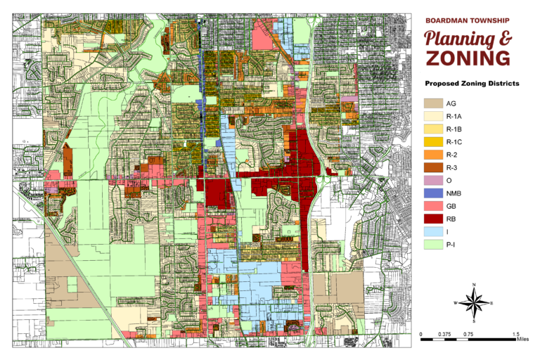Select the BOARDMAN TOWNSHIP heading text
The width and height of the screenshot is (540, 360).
pyautogui.click(x=467, y=20)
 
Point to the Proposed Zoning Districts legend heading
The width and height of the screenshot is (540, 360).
pyautogui.click(x=471, y=84)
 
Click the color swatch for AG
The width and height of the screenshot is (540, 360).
pyautogui.click(x=432, y=104)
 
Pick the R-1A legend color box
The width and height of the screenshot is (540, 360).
pyautogui.click(x=432, y=117)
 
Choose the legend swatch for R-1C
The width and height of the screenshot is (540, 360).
pyautogui.click(x=432, y=142)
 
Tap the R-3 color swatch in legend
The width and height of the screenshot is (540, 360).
pyautogui.click(x=432, y=167)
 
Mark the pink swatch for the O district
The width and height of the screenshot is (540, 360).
pyautogui.click(x=432, y=181)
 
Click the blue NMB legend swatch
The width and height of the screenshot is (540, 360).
pyautogui.click(x=432, y=193)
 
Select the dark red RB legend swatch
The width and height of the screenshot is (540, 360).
pyautogui.click(x=432, y=219)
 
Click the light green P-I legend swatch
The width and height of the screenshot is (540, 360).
pyautogui.click(x=432, y=245)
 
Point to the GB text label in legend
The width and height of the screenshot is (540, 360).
pyautogui.click(x=452, y=207)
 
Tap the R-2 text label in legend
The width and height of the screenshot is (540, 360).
pyautogui.click(x=453, y=155)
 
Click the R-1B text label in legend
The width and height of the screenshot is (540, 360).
pyautogui.click(x=454, y=130)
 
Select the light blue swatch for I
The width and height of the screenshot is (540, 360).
pyautogui.click(x=432, y=232)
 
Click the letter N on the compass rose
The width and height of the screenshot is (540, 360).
pyautogui.click(x=475, y=284)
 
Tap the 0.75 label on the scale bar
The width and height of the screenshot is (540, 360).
pyautogui.click(x=468, y=334)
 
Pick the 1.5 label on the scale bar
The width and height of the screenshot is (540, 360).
pyautogui.click(x=516, y=334)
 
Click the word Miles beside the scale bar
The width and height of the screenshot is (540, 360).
pyautogui.click(x=522, y=340)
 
